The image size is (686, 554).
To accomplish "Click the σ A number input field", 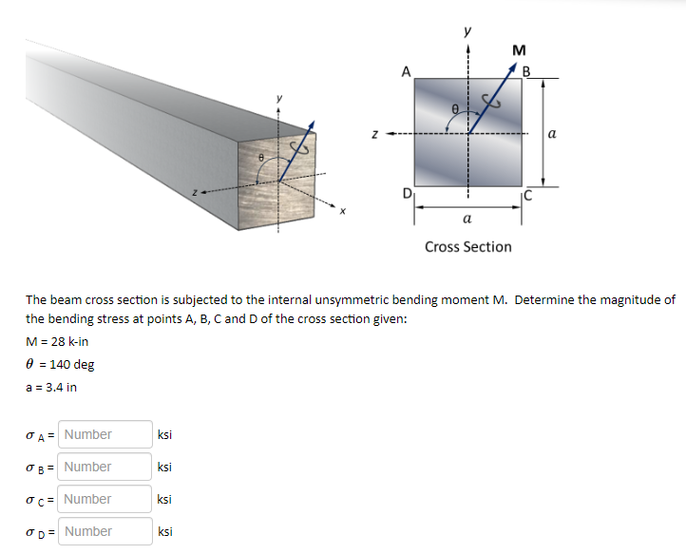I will (x=105, y=434).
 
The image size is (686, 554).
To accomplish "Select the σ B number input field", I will (x=105, y=467).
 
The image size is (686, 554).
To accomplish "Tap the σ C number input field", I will (x=105, y=499).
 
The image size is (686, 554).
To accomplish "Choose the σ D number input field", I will (x=105, y=531).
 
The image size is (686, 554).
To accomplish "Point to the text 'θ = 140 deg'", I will (x=59, y=365).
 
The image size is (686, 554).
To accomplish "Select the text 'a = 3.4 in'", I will (x=51, y=388).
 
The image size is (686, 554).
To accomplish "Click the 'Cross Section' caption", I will (x=467, y=247).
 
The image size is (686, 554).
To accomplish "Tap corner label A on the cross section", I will (x=406, y=70).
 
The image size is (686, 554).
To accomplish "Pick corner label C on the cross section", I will (x=528, y=197).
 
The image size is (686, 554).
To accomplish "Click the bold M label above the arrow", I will (x=518, y=50).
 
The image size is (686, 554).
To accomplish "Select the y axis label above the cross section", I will (x=467, y=30).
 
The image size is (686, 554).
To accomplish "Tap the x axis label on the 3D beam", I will (x=344, y=213).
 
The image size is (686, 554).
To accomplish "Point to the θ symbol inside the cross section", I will (x=456, y=111).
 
